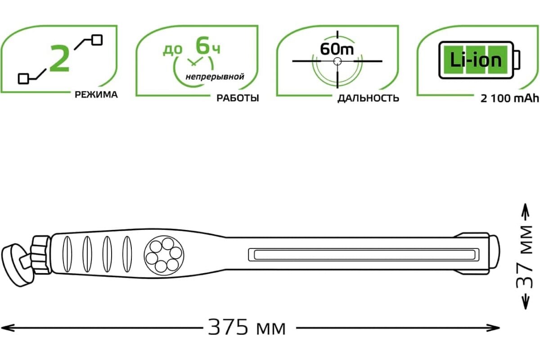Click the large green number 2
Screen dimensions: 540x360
[x=59, y=58]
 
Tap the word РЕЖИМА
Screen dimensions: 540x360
[x=96, y=95]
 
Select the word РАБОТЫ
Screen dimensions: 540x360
[x=238, y=98]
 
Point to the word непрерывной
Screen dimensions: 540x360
[x=215, y=77]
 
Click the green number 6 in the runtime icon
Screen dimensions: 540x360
[x=202, y=45]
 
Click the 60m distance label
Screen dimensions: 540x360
[x=337, y=49]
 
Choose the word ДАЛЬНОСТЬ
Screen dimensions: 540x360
[x=368, y=99]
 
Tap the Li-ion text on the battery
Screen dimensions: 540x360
[x=476, y=60]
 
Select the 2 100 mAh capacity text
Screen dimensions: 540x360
[x=509, y=99]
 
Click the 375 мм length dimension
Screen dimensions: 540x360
[x=247, y=328]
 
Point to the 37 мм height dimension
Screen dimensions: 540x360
[x=525, y=257]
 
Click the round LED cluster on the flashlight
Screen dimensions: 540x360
[x=164, y=255]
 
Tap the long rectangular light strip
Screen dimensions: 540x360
[x=364, y=255]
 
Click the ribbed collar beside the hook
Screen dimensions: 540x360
[x=41, y=255]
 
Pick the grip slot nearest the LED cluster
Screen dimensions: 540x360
[x=127, y=254]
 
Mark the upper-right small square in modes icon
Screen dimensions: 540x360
[x=97, y=40]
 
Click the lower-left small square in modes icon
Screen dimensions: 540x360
[x=23, y=79]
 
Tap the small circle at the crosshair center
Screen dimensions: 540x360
[x=337, y=61]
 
